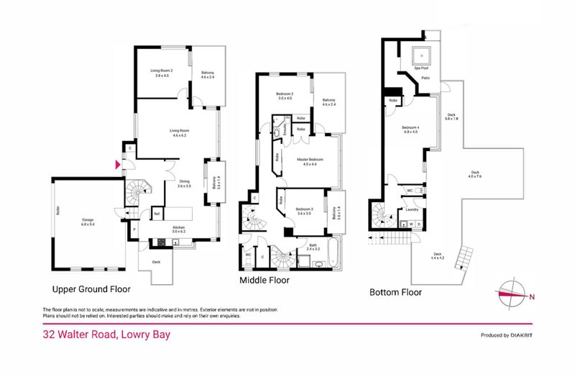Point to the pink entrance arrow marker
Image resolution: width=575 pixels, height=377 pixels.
(119, 164)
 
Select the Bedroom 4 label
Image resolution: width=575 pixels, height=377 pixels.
(410, 129)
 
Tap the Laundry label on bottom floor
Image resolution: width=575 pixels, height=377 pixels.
(412, 209)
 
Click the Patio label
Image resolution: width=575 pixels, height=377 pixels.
(425, 78)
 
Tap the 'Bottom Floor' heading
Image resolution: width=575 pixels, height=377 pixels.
(395, 293)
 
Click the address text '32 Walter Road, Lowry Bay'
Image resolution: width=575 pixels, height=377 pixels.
(106, 335)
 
